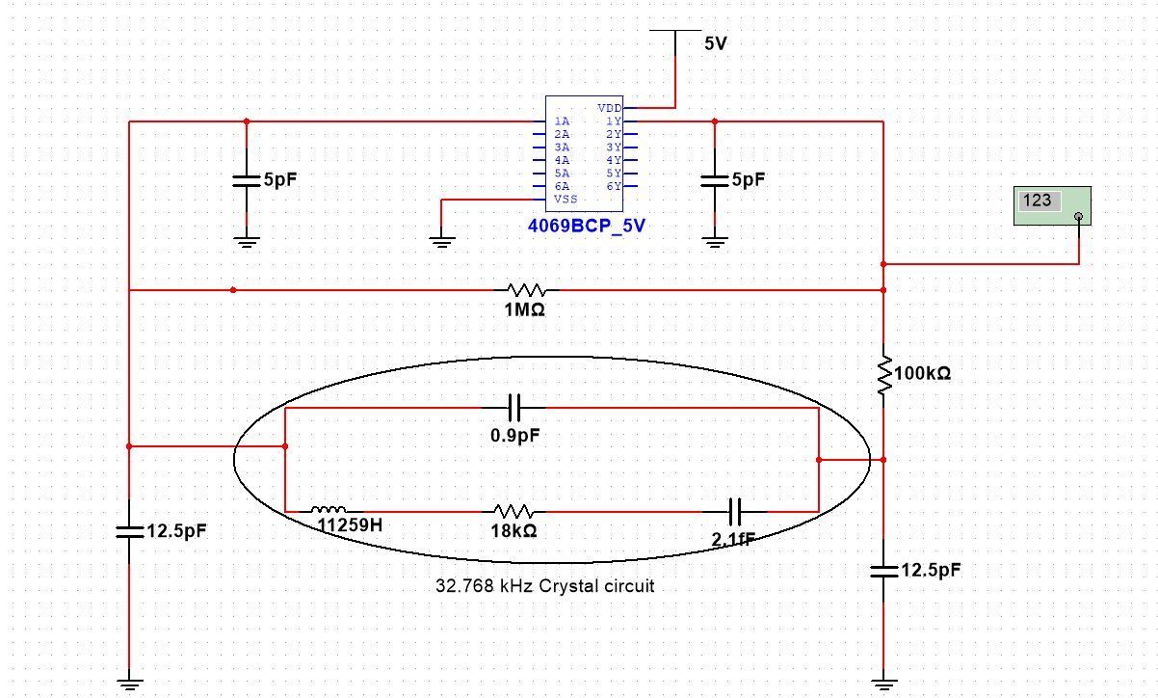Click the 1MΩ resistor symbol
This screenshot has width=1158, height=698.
[x=526, y=289]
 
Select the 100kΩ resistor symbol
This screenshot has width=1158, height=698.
[x=882, y=376]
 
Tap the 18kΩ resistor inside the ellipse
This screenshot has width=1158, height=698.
[x=513, y=511]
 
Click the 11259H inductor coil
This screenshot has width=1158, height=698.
[x=329, y=510]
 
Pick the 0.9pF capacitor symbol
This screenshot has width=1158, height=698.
[x=514, y=407]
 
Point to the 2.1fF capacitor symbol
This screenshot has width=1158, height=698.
[x=734, y=511]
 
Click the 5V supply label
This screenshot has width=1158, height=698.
[x=716, y=43]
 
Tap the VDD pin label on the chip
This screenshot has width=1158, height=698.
[x=609, y=108]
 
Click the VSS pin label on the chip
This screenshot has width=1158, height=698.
[x=566, y=200]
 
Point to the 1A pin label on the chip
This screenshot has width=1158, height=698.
[x=562, y=121]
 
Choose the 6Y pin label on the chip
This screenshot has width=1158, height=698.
[x=614, y=186]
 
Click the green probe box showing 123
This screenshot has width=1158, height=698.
[x=1051, y=205]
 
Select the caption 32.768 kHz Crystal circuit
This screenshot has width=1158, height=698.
[x=545, y=585]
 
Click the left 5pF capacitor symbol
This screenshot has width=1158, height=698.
[x=247, y=180]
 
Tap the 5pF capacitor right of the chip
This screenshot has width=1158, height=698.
[x=714, y=180]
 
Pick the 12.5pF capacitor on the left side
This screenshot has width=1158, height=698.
[x=128, y=530]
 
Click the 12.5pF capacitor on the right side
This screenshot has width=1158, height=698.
[x=882, y=570]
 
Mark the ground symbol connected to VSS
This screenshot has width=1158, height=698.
[x=441, y=240]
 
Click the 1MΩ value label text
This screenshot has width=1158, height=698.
[x=525, y=309]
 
